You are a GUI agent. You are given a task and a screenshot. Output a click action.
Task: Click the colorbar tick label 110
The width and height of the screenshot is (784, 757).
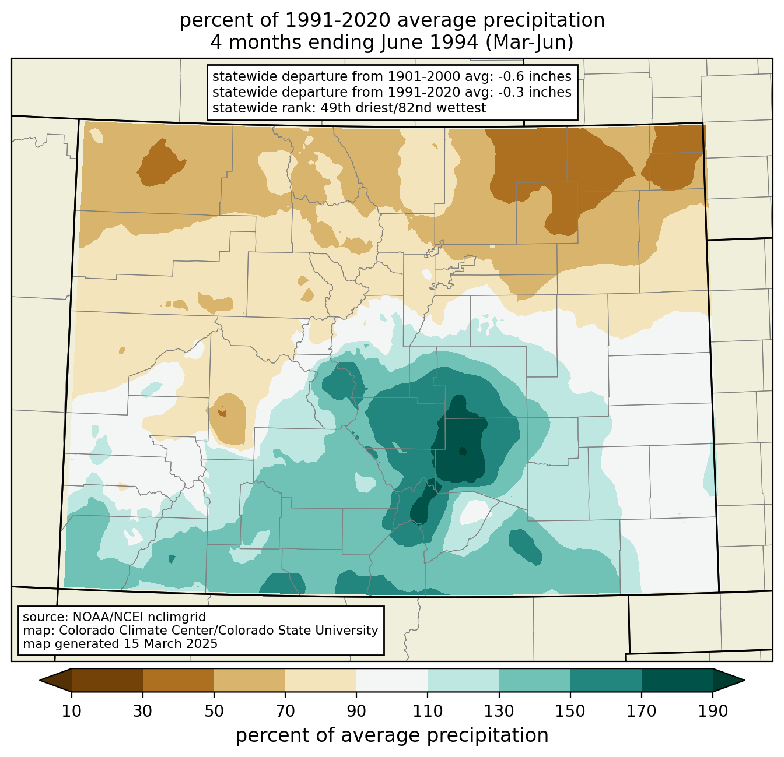[428, 711]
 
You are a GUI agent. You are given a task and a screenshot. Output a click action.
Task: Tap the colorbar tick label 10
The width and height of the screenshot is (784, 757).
[71, 711]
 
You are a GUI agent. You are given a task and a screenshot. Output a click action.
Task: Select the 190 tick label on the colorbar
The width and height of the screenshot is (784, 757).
[713, 711]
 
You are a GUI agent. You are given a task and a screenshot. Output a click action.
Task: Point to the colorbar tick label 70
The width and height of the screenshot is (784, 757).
[285, 711]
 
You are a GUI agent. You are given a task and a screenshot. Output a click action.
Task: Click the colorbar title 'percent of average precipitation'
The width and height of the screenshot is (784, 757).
[391, 735]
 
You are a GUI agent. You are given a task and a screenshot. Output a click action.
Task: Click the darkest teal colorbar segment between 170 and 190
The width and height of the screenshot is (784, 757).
[677, 680]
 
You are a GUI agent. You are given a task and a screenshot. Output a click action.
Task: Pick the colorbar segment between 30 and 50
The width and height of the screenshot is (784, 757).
[178, 680]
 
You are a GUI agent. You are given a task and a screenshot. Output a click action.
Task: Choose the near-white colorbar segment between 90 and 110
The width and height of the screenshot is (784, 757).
[392, 680]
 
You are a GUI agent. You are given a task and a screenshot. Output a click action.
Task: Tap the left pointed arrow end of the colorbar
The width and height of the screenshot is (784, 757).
[40, 680]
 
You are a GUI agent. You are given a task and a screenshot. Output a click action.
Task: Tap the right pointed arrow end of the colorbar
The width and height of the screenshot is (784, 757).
[744, 680]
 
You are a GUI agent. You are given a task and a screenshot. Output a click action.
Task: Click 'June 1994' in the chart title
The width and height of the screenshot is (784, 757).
[429, 43]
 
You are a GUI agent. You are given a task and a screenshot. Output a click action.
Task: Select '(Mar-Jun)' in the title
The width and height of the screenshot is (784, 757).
[530, 43]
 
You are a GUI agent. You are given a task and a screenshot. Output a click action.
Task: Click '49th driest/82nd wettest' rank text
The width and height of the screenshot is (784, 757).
[403, 107]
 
